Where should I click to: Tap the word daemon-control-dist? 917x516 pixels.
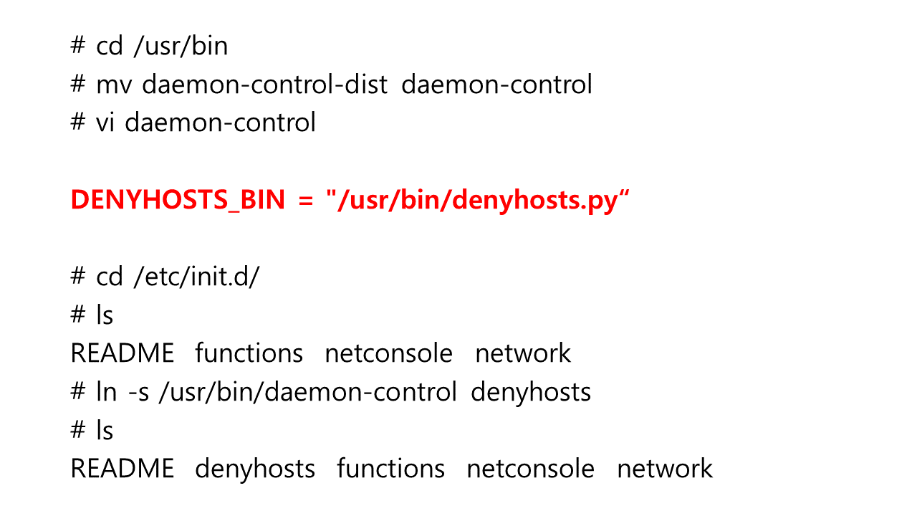264,85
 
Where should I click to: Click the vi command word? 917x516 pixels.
106,123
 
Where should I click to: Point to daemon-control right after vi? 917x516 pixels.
220,123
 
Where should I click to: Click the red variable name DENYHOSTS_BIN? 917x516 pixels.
178,201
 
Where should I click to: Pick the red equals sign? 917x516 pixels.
306,201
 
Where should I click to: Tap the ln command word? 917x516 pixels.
106,392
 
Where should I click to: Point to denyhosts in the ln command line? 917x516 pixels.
531,392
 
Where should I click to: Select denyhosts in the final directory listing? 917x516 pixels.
255,469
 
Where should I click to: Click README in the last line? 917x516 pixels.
123,469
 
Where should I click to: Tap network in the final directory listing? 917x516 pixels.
665,469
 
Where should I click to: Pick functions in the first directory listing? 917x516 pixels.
249,353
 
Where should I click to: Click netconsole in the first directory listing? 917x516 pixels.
389,353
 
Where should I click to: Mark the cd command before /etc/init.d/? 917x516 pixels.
110,277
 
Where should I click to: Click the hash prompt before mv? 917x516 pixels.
78,85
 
